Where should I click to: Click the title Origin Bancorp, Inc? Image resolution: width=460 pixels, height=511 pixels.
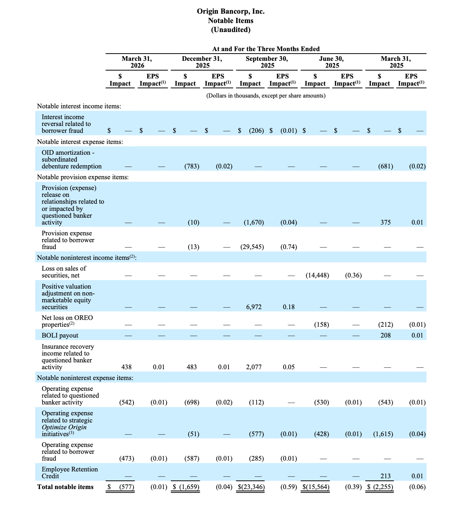[x=230, y=12]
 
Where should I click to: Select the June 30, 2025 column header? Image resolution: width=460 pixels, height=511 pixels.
[x=331, y=62]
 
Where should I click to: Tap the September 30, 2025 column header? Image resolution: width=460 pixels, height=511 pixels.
[x=267, y=62]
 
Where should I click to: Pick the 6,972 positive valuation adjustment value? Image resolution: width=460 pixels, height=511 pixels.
[x=254, y=307]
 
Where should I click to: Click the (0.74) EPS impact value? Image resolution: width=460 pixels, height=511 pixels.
[x=289, y=247]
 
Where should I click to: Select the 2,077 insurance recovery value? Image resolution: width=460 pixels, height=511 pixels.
[x=254, y=367]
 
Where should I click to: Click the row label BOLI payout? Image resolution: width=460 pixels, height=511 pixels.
[x=60, y=335]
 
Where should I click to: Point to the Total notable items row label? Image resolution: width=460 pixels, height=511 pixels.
[x=65, y=487]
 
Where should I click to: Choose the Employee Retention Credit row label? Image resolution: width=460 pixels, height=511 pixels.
[x=69, y=472]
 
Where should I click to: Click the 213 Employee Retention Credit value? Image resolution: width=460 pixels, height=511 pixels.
[x=385, y=476]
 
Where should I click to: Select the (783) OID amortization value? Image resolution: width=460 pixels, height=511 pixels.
[x=192, y=166]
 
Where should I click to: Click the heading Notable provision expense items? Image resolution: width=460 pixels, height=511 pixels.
[x=83, y=177]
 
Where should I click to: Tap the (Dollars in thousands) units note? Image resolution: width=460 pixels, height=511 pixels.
[x=266, y=96]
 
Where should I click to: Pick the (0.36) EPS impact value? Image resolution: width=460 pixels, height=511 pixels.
[x=353, y=275]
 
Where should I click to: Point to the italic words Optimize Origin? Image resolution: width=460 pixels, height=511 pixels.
[x=64, y=427]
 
